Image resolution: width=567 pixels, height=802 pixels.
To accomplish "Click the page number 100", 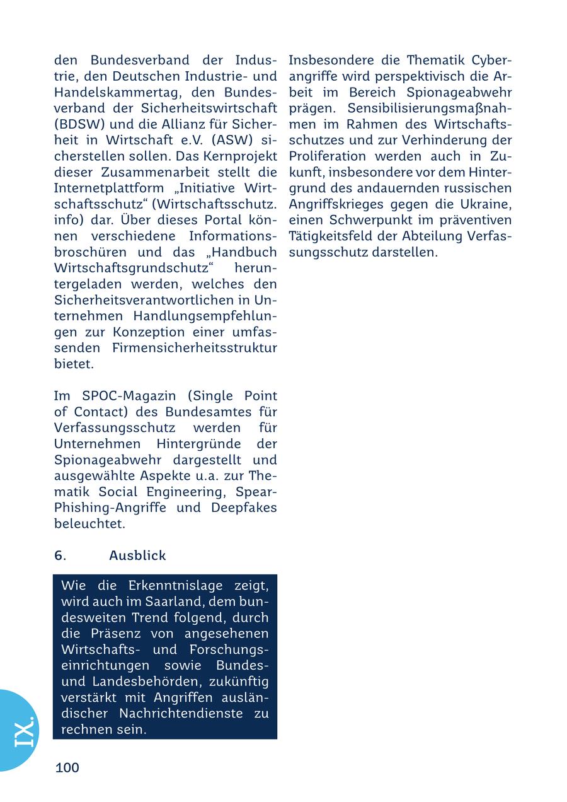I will click(67, 767).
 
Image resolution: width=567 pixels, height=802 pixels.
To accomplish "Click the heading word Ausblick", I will click(137, 555).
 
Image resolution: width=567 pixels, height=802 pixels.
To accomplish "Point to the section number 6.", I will click(60, 555).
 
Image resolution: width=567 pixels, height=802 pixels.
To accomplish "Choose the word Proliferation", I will click(328, 156).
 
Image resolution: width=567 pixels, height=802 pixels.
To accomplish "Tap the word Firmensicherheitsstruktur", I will click(194, 348).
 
